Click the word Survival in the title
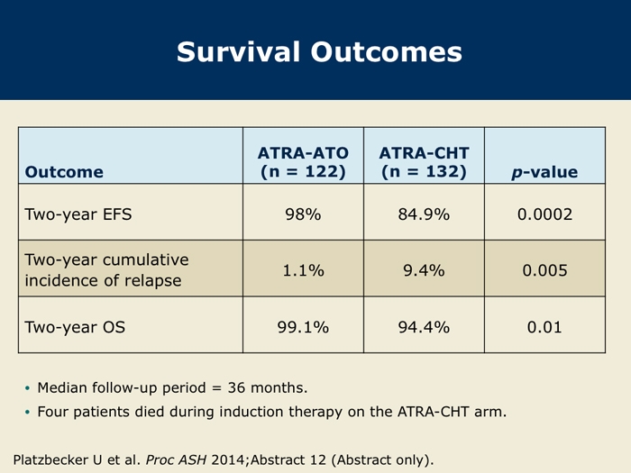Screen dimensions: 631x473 click(x=239, y=52)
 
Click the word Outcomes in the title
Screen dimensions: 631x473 click(x=387, y=52)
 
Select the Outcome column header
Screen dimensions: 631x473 click(x=64, y=172)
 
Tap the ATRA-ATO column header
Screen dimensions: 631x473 click(x=303, y=162)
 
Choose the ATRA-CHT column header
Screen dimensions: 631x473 click(x=424, y=162)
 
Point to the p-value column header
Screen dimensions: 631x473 click(x=544, y=172)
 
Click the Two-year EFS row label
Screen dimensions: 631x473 click(x=78, y=214)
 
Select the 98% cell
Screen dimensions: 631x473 click(x=303, y=214)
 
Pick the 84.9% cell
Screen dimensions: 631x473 click(x=424, y=214)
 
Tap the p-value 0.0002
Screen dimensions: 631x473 click(x=544, y=214)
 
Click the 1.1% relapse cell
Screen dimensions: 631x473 click(x=303, y=270)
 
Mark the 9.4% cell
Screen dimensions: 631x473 click(x=424, y=270)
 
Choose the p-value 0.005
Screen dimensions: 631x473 click(x=544, y=270)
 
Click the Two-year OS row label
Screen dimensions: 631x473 click(x=75, y=327)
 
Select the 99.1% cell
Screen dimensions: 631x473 click(x=303, y=327)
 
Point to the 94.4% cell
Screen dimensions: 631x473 click(x=424, y=327)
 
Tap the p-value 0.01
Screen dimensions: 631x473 click(x=544, y=327)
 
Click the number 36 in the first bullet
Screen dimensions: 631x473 click(x=236, y=387)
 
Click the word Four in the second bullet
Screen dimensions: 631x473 click(x=52, y=412)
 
